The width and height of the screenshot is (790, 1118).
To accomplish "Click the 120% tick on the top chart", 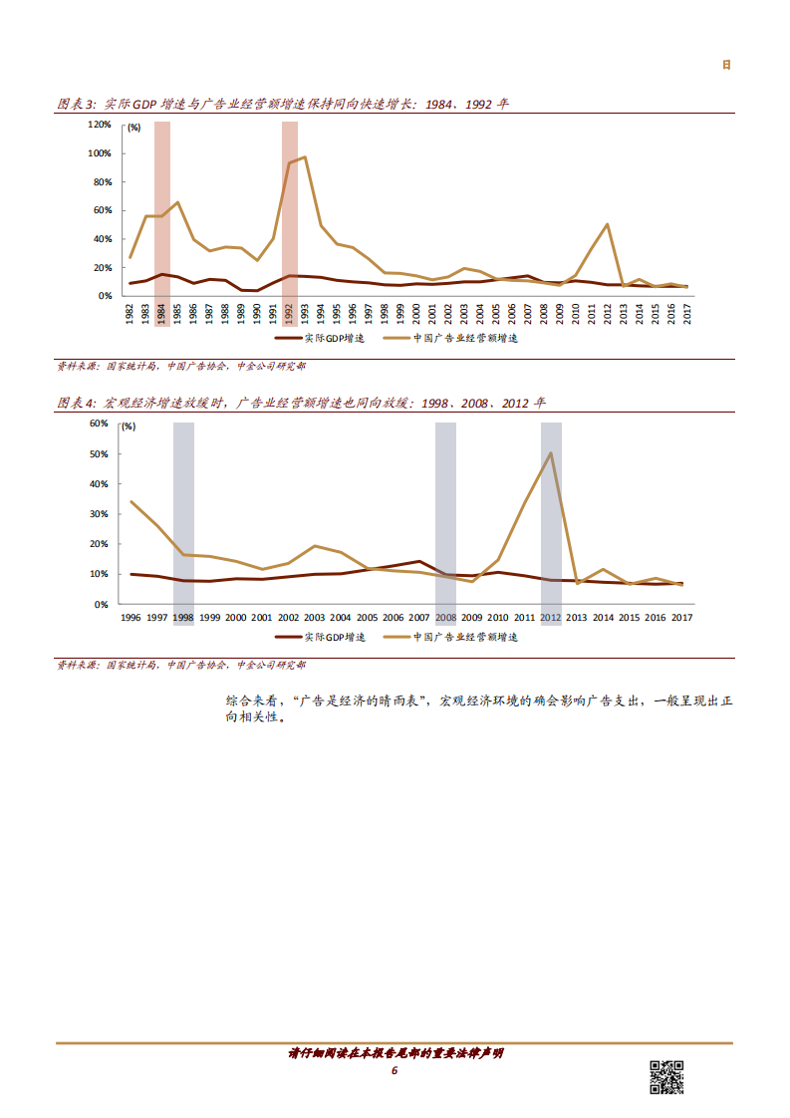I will [100, 125].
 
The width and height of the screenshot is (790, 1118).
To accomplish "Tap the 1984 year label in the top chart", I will [162, 311].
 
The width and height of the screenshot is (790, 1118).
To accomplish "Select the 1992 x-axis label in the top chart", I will [290, 311].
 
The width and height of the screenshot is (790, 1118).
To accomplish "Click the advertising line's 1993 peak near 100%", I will [304, 156].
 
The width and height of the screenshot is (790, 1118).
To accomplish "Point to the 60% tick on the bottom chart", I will [99, 423].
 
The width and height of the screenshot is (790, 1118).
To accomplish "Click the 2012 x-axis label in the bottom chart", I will [550, 618].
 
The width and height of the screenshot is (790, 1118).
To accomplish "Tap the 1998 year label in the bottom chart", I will [183, 618].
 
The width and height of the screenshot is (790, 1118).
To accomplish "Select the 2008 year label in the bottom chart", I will [445, 618].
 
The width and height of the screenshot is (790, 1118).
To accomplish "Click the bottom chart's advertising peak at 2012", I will [551, 453].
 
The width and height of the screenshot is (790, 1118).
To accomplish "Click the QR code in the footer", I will [666, 1078].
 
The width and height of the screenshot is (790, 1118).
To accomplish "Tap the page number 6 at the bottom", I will [395, 1070].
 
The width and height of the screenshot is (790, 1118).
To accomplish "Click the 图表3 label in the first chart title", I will [76, 104].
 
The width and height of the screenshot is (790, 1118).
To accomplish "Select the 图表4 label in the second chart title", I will [76, 403].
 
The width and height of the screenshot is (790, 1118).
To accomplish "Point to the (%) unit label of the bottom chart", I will [127, 426].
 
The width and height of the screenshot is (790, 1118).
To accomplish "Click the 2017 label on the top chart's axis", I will [686, 311].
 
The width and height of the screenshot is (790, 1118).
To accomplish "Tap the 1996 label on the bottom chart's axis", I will [131, 618].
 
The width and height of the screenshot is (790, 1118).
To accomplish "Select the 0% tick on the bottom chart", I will [102, 604].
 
